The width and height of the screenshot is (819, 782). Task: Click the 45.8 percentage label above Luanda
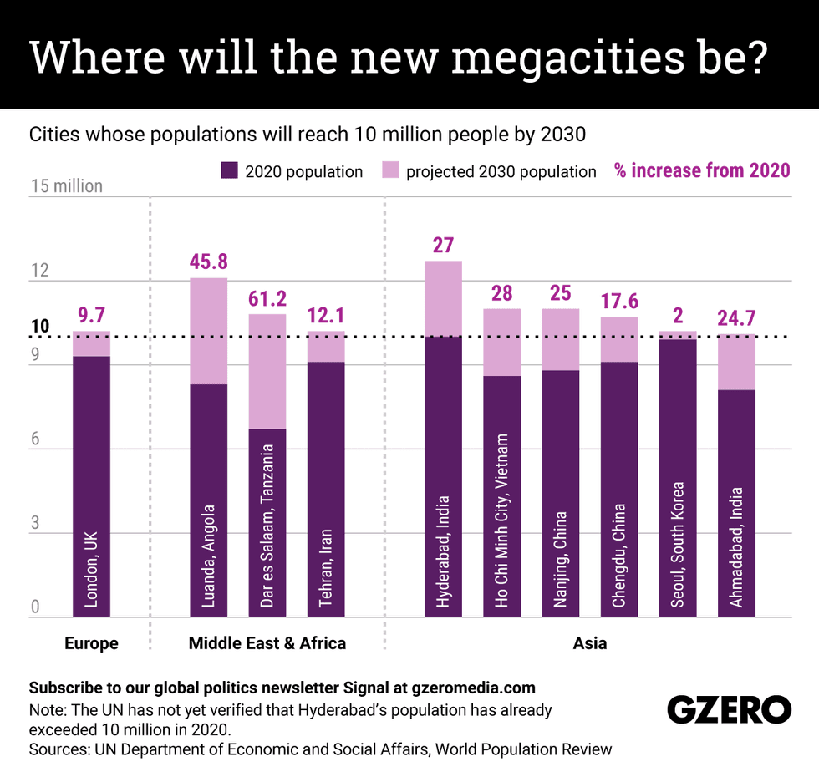208,262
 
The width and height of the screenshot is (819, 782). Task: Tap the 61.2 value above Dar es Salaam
267,298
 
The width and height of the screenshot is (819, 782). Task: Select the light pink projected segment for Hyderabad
443,298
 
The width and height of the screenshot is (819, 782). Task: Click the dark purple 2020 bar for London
91,485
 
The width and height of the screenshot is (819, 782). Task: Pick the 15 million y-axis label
66,185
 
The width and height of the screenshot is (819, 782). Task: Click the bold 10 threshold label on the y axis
40,327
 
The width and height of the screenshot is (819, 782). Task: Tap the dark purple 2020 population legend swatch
230,171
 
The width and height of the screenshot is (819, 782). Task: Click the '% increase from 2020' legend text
702,171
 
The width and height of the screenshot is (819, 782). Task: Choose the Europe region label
91,643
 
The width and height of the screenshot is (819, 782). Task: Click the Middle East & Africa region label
267,643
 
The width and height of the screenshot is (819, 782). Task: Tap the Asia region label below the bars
590,643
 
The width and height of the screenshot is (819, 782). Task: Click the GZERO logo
729,710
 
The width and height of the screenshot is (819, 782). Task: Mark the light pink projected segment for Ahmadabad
736,362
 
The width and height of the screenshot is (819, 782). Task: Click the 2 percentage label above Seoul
678,316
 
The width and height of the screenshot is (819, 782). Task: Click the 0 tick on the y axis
34,608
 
